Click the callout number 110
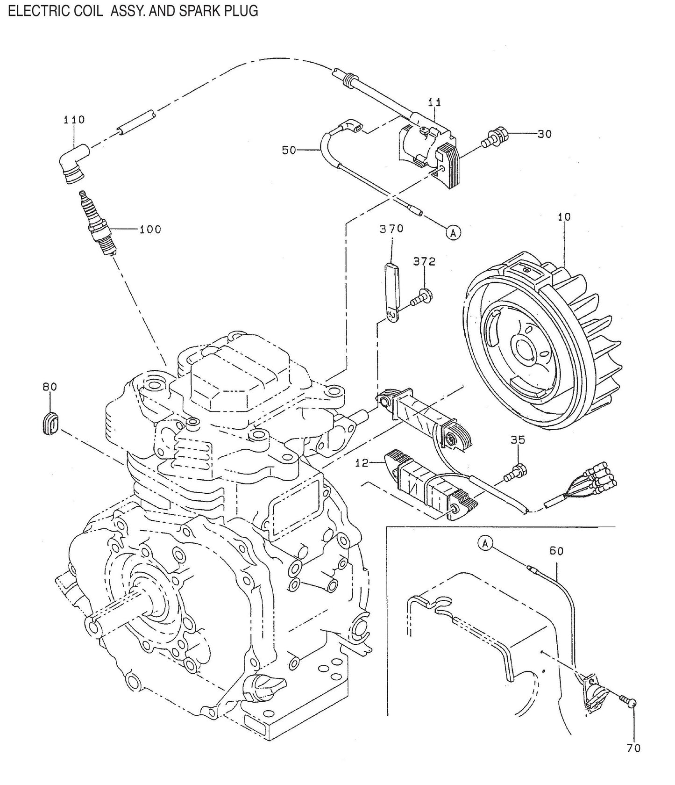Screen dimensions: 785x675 pos(74,120)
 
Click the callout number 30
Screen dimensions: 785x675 pos(544,134)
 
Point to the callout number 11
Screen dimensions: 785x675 pos(434,101)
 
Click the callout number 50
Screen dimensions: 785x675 pos(290,150)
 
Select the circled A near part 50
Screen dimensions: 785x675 pos(453,232)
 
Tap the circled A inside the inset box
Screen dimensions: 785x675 pos(485,543)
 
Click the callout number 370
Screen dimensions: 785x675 pos(391,229)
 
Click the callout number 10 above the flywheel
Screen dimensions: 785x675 pos(564,217)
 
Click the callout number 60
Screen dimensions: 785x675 pos(556,551)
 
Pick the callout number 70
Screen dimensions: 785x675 pos(633,749)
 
